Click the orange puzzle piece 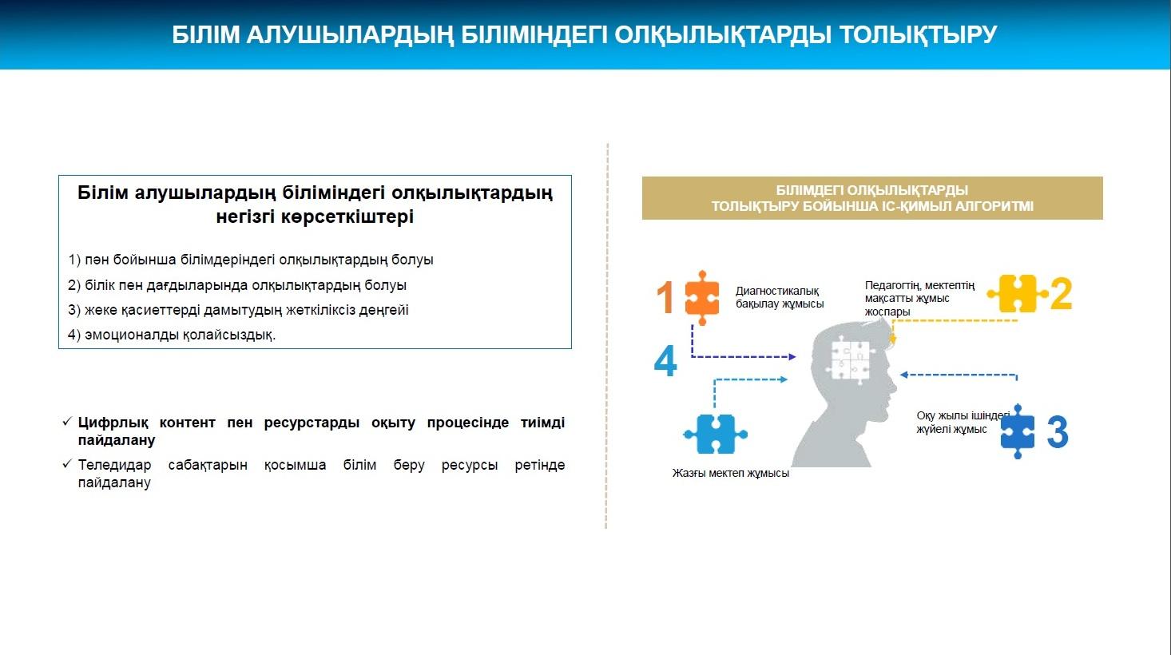pyautogui.click(x=701, y=297)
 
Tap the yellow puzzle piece pyautogui.click(x=1018, y=293)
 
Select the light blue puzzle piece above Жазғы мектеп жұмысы pyautogui.click(x=715, y=434)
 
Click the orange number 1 pyautogui.click(x=665, y=297)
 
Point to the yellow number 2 pyautogui.click(x=1061, y=294)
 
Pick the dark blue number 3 pyautogui.click(x=1058, y=432)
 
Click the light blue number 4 pyautogui.click(x=665, y=360)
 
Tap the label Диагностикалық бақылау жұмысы pyautogui.click(x=780, y=297)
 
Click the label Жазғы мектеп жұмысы pyautogui.click(x=730, y=473)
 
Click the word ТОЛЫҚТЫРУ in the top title pyautogui.click(x=918, y=34)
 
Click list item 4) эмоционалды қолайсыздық pyautogui.click(x=172, y=335)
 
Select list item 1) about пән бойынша pyautogui.click(x=250, y=260)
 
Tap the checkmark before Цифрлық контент pyautogui.click(x=67, y=421)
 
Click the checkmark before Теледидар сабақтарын pyautogui.click(x=67, y=463)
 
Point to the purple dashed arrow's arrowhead pyautogui.click(x=792, y=357)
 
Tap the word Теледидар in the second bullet pyautogui.click(x=114, y=465)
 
